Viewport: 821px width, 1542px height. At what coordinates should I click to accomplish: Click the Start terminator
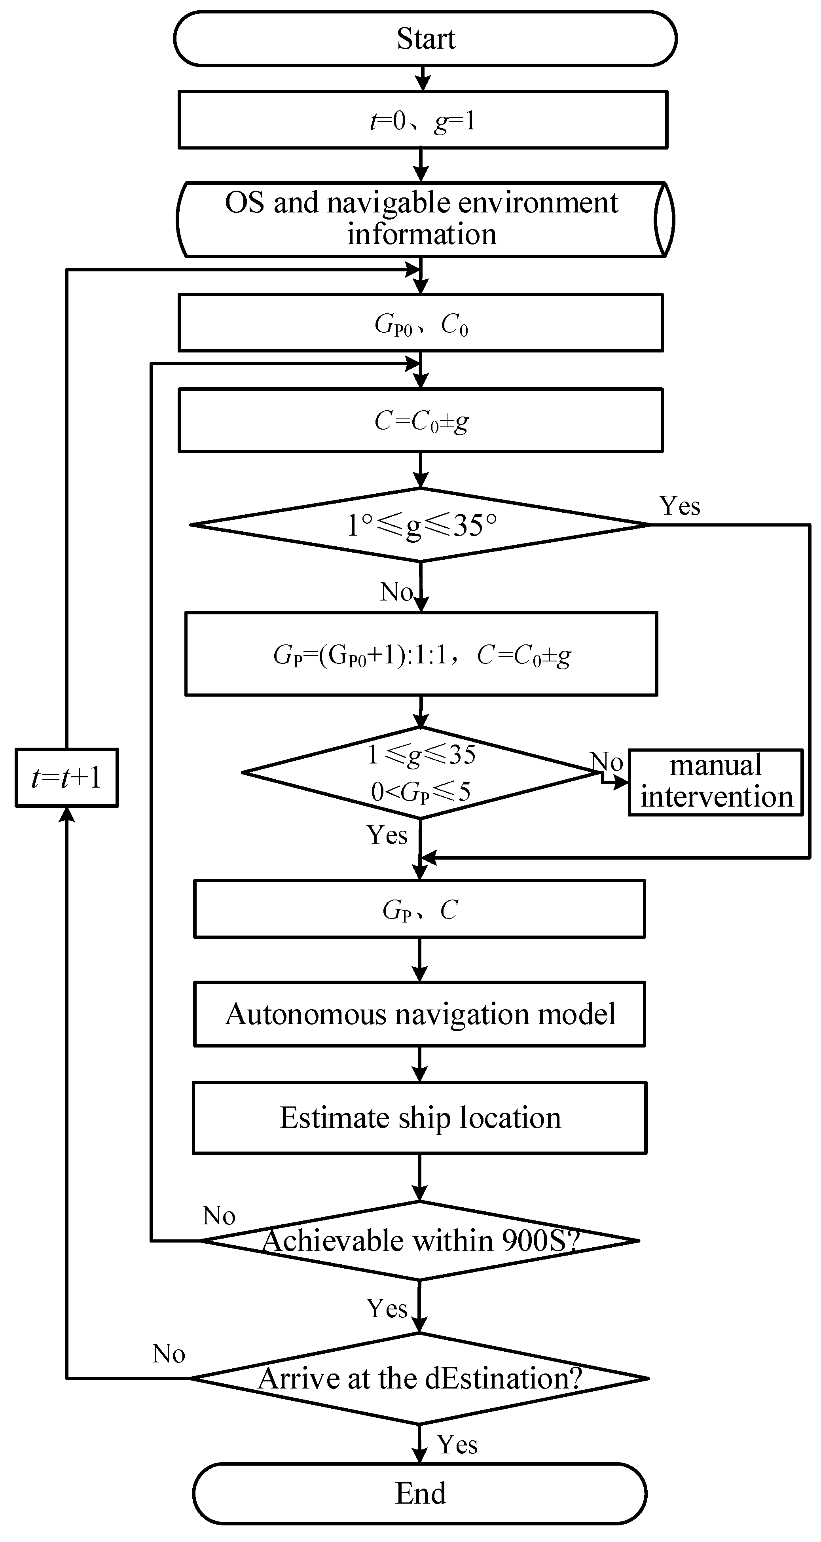pos(425,38)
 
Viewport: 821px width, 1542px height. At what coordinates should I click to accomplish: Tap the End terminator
pos(420,1493)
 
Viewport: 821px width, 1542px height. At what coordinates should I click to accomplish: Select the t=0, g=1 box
pos(423,120)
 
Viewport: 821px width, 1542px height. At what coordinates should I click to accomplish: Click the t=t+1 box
pos(66,778)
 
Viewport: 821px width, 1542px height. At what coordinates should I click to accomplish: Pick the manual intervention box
pos(716,782)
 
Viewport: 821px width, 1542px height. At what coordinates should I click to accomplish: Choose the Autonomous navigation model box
pos(419,1014)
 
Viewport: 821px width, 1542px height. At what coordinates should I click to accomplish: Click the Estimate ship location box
pos(419,1118)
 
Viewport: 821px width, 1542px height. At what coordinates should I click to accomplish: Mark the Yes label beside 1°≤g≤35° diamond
pos(680,506)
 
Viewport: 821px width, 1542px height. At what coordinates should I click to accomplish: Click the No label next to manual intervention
pos(607,762)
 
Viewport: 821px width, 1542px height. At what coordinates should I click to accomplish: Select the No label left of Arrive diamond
pos(168,1353)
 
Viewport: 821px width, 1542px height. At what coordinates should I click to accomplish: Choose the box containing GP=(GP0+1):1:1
pos(421,654)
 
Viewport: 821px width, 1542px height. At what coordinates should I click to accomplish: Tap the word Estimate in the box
pos(335,1118)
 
